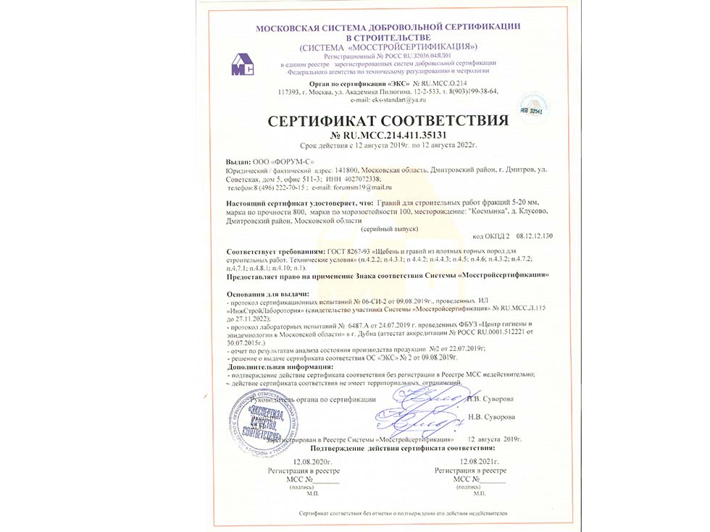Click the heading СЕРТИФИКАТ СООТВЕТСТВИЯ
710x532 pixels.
(x=386, y=119)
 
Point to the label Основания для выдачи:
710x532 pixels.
(x=267, y=294)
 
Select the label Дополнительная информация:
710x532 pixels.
(x=275, y=367)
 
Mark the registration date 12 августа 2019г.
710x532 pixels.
(x=496, y=439)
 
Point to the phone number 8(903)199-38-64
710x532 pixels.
(x=472, y=92)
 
